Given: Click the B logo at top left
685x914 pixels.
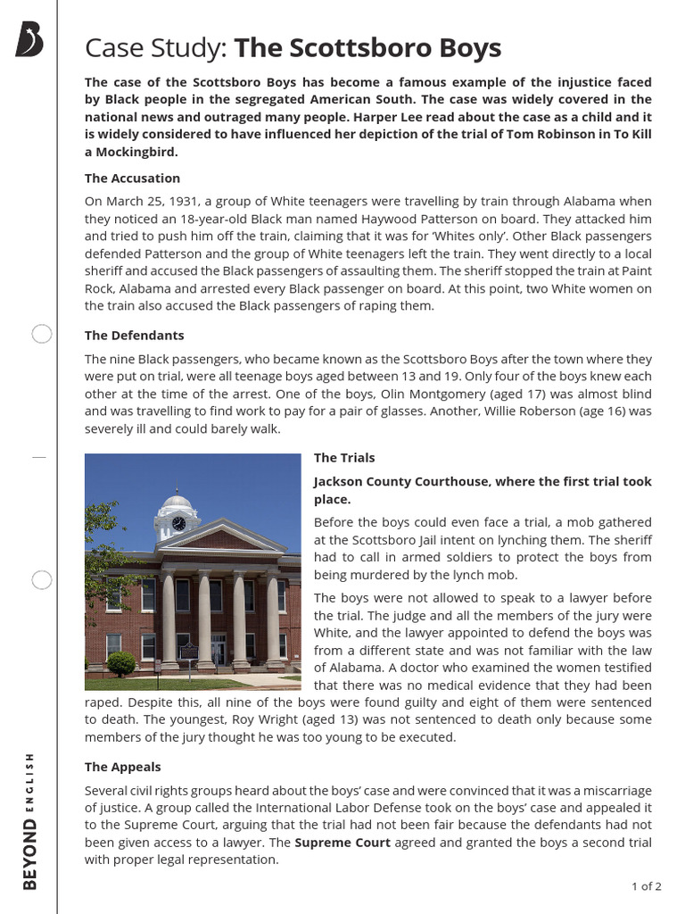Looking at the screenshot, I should [29, 40].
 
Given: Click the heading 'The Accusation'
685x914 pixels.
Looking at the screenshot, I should [132, 178].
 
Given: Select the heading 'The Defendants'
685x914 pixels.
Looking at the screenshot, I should [134, 335].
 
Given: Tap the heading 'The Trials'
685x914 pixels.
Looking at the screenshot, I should [344, 457].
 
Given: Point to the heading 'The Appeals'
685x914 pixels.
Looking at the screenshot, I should [122, 767].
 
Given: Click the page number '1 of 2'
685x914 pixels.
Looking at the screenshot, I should [646, 886].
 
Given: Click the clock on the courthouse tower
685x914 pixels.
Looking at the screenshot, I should [178, 523].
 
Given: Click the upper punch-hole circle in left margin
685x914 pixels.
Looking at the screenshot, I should [41, 335].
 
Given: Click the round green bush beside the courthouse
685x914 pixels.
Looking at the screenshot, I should [120, 663].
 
